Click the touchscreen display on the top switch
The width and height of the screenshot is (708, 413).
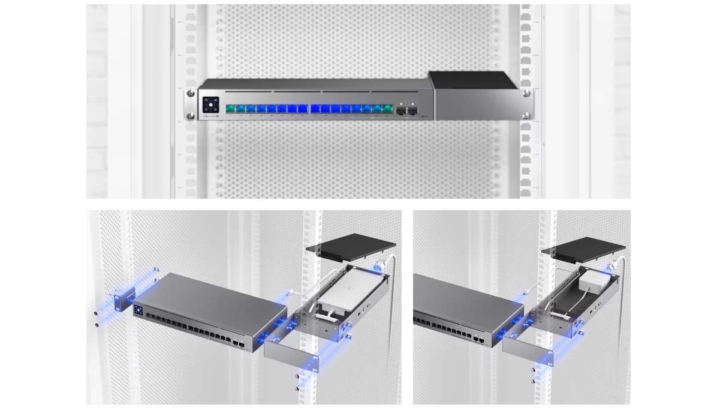(211, 104)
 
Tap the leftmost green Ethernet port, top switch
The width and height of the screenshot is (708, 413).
(231, 109)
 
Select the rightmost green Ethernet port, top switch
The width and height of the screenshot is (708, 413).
(386, 109)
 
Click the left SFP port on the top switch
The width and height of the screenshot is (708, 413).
(400, 110)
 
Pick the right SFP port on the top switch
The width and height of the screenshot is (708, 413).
(412, 110)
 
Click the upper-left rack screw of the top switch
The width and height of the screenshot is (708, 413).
(191, 94)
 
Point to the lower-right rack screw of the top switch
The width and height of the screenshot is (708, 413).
(526, 116)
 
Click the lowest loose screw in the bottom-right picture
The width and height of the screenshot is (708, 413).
(533, 382)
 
